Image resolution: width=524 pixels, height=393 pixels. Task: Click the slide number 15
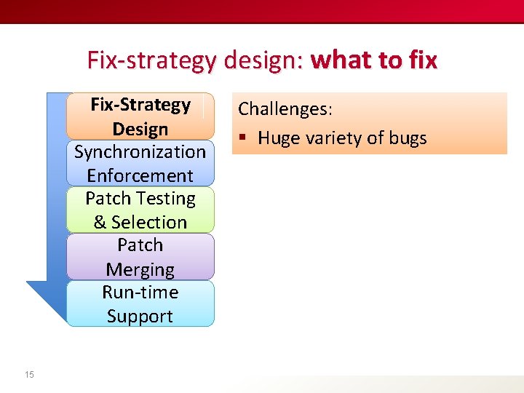click(29, 374)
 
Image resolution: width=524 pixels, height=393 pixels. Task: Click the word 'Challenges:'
click(285, 109)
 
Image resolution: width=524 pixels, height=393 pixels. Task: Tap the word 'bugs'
click(408, 138)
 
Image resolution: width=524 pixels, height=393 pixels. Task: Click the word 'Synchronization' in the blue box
click(140, 152)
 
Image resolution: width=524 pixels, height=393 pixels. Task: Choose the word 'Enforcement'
click(140, 175)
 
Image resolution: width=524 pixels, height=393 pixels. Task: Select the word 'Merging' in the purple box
click(140, 269)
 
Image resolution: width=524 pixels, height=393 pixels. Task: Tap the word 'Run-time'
click(140, 293)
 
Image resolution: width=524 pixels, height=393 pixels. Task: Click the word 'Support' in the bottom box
click(140, 316)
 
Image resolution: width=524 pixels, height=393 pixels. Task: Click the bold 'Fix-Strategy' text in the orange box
click(140, 105)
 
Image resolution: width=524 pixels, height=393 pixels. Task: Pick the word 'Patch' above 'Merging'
click(140, 245)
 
